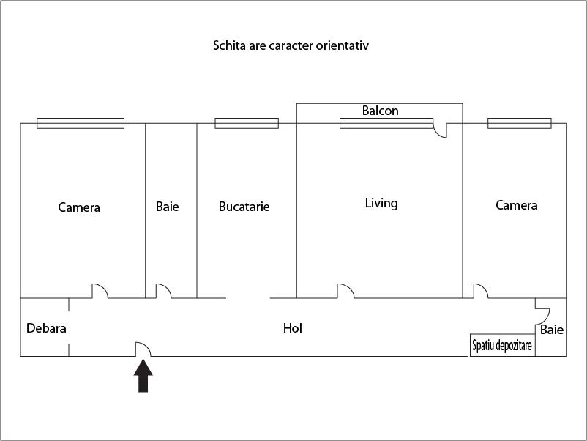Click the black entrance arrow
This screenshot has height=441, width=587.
pos(143,376)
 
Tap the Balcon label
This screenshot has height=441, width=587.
pos(380,111)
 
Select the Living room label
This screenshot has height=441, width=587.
pos(381,203)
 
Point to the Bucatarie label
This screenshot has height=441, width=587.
pos(244,207)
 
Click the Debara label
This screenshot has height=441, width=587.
pos(46,328)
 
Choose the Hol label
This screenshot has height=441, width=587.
pos(292,328)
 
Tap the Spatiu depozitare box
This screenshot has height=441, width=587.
pos(502,345)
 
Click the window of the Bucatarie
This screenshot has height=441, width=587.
pos(247,123)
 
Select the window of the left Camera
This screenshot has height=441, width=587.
pos(81,123)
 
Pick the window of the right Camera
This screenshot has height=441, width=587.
pos(519,123)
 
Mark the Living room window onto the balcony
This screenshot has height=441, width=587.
pos(386,123)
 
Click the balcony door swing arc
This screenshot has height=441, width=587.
pos(440,130)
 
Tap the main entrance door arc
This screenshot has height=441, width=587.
pos(143,349)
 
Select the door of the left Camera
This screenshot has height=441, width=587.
pos(100,291)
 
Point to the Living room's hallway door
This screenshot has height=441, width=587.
pos(345,291)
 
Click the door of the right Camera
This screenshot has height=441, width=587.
pos(481,291)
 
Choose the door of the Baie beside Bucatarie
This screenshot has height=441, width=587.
pos(164,291)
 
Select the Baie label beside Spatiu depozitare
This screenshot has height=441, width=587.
pos(551,330)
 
